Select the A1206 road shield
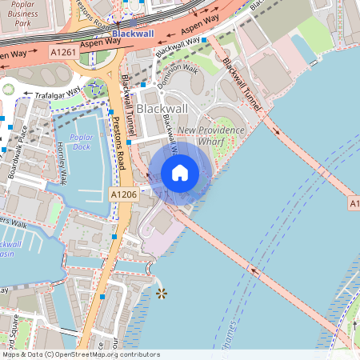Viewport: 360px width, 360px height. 123,194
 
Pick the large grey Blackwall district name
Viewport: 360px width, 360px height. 161,107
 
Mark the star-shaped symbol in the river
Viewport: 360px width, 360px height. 162,294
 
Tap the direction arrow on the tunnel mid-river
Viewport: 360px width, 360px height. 257,271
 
